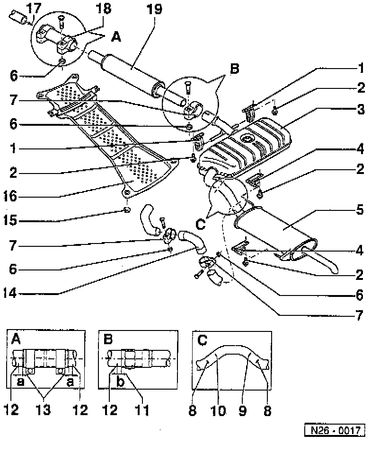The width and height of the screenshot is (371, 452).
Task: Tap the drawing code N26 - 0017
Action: [335, 431]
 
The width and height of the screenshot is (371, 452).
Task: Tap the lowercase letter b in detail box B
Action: [121, 382]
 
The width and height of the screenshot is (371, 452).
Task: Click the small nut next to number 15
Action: [126, 210]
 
